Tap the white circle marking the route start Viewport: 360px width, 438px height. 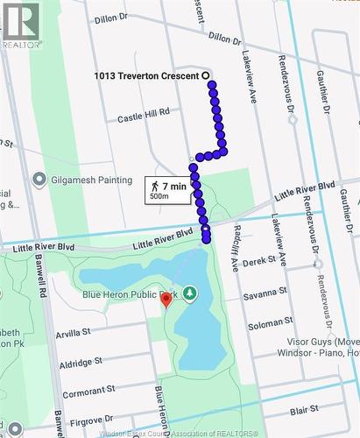(x=208, y=75)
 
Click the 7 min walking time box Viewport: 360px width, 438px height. (x=168, y=189)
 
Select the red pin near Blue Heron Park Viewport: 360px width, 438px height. (x=166, y=300)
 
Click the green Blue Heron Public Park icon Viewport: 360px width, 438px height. (x=189, y=295)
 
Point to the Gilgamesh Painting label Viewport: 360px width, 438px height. (x=88, y=180)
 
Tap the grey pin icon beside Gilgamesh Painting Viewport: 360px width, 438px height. (x=38, y=180)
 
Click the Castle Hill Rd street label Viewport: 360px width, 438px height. (x=143, y=115)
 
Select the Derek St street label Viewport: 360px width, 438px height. (x=259, y=261)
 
